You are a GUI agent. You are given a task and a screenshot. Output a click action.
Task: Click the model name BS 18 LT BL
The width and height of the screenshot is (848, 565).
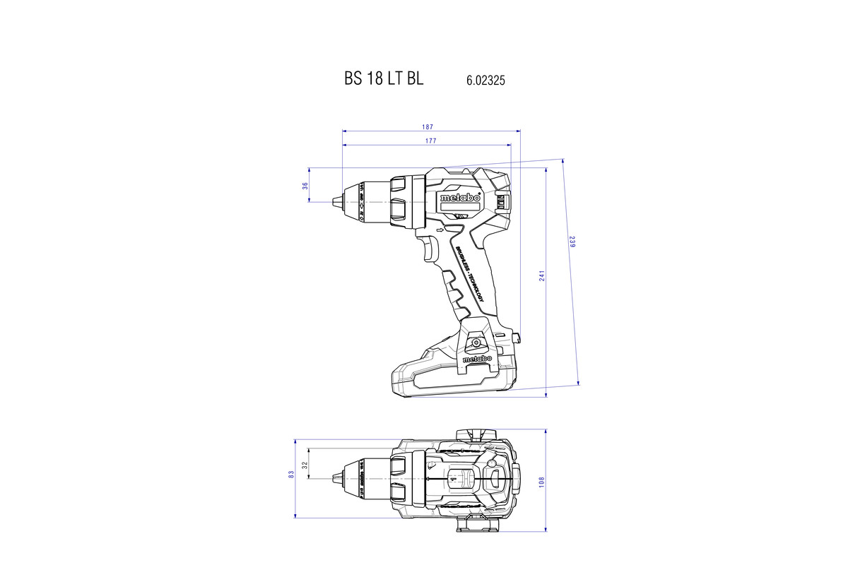tap(384, 79)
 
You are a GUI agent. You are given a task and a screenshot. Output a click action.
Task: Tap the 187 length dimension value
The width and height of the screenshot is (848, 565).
tap(428, 127)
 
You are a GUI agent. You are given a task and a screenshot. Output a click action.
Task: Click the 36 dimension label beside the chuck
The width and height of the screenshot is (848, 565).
tap(305, 186)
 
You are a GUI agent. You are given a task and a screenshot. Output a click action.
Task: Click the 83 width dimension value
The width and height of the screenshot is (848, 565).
tap(291, 476)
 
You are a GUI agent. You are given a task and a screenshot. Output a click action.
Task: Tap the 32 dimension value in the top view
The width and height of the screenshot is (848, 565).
tap(305, 466)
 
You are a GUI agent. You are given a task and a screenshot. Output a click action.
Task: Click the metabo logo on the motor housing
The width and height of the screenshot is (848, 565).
tap(459, 199)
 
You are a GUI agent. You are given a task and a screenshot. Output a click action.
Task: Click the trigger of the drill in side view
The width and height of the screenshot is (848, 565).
tap(430, 249)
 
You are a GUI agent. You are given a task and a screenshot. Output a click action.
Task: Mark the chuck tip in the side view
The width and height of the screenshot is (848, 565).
tap(335, 203)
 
